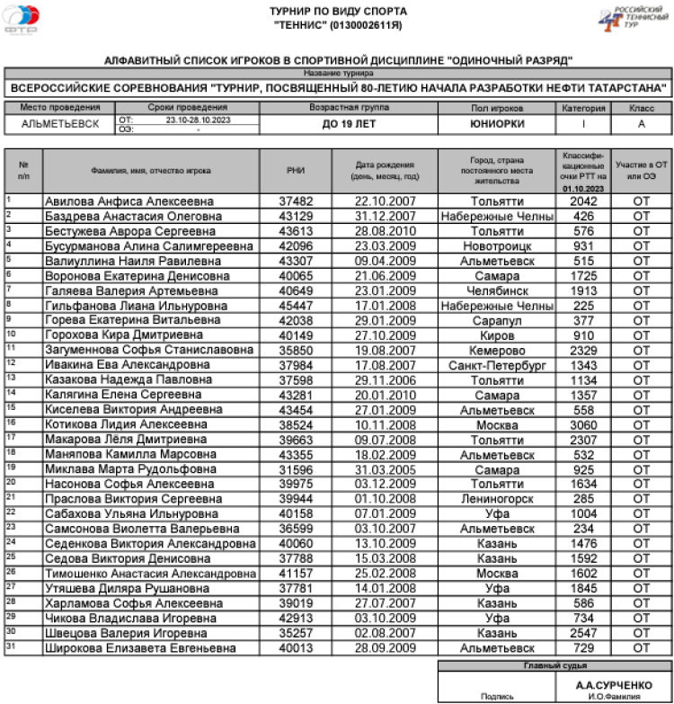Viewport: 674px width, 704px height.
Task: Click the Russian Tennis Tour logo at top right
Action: coord(634,17)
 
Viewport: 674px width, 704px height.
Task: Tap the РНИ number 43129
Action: coord(296,216)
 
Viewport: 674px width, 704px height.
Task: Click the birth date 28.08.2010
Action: coord(385,230)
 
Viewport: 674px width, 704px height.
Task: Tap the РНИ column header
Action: coord(296,169)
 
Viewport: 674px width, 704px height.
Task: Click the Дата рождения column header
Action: coord(385,169)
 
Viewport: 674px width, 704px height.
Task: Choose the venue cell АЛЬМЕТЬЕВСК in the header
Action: coord(60,124)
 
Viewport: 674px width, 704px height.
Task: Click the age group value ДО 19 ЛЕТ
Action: coord(350,124)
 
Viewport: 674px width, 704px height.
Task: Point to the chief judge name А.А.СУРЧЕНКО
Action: coord(614,684)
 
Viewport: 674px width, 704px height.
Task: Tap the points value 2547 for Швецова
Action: coord(583,633)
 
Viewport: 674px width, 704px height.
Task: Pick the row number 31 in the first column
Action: coord(9,644)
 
